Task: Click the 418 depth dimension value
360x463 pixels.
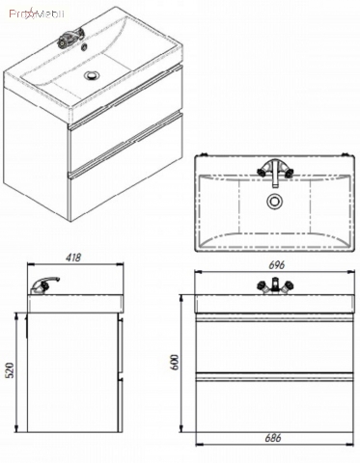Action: (73, 258)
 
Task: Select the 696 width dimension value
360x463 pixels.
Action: (277, 265)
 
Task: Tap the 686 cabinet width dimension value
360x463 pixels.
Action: (273, 438)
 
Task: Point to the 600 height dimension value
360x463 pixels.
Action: (175, 362)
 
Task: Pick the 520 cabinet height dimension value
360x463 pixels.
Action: (11, 370)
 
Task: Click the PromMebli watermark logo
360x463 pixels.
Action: (37, 14)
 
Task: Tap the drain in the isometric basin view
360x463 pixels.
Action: (92, 75)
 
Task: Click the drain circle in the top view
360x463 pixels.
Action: (274, 202)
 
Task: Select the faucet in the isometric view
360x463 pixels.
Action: (70, 37)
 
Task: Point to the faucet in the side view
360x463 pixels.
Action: (44, 285)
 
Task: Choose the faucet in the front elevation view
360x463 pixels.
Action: (275, 286)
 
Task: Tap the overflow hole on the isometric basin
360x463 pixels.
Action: (85, 47)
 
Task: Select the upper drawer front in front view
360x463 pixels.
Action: (275, 344)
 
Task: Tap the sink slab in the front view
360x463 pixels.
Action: (275, 303)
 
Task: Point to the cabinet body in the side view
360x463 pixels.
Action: (73, 373)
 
